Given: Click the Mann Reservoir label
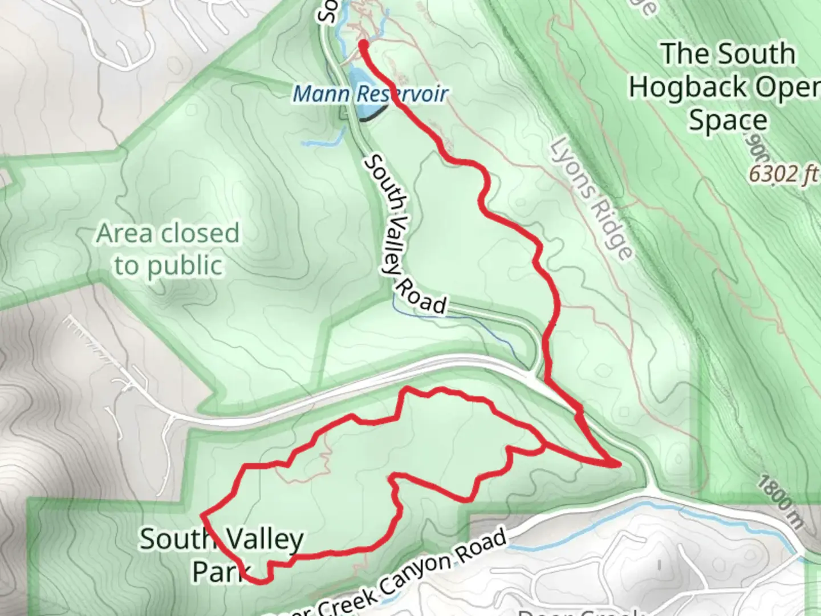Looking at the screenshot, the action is (x=370, y=94).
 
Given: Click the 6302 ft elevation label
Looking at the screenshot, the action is (x=782, y=174).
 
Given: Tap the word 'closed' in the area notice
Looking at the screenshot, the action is (x=200, y=233).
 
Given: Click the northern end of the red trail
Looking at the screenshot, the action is (x=363, y=43).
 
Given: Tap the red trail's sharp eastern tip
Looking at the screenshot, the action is (x=618, y=465).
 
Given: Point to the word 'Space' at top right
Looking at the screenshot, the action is (x=728, y=120).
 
